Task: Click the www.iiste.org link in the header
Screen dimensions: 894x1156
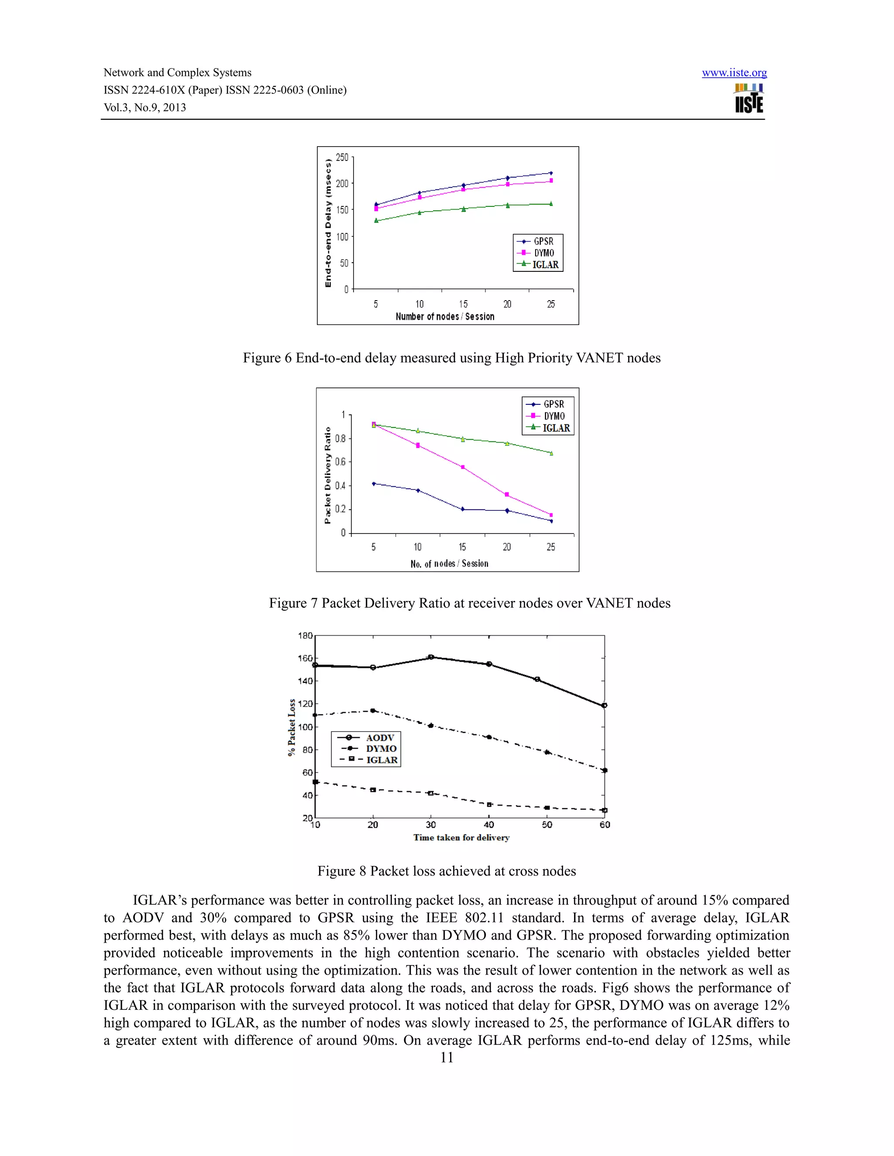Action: pos(734,73)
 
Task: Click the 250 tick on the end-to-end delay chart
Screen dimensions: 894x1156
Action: pos(342,158)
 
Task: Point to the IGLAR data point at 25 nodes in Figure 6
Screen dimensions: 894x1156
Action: pos(551,204)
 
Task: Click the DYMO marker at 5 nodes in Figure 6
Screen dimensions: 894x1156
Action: pos(376,209)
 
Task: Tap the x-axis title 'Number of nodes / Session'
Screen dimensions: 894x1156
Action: pos(445,317)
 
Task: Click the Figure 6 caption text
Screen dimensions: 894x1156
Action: pos(451,358)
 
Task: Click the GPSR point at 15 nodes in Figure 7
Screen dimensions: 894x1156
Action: pos(462,509)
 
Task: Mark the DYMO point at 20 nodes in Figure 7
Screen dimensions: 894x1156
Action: pos(507,494)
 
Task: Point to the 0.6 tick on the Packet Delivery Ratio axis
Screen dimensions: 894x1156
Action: pos(340,462)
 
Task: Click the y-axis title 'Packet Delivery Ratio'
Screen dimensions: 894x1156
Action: pos(327,475)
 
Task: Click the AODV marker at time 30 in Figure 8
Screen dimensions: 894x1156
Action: pos(430,657)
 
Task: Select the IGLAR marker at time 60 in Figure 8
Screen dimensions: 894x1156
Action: pos(604,811)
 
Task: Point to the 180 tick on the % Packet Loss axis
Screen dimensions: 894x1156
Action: pos(305,636)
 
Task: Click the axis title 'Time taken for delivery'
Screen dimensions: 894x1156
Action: pos(461,838)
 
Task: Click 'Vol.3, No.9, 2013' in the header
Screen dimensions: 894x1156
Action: pos(144,107)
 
